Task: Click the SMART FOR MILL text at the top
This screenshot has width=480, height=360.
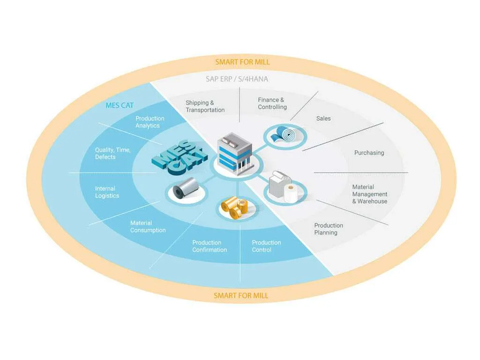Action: [242, 62]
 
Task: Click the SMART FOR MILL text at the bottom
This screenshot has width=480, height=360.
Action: [241, 295]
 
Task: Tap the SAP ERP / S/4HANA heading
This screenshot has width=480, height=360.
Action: [237, 79]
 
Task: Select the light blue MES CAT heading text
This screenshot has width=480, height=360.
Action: [120, 105]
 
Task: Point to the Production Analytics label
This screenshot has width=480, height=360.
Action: [150, 122]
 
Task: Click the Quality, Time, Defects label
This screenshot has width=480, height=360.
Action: [112, 153]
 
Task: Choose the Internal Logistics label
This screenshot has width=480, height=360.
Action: [107, 192]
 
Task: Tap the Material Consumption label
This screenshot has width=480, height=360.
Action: [148, 226]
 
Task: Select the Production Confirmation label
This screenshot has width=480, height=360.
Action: [210, 246]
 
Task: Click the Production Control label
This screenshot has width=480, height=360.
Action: [266, 246]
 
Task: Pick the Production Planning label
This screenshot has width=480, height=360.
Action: [329, 229]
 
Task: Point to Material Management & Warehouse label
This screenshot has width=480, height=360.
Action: [370, 194]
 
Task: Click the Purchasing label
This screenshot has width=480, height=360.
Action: [369, 153]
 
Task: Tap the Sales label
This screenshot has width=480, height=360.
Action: [323, 119]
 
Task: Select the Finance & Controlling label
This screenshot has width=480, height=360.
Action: [272, 104]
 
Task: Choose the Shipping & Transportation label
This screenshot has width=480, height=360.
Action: [205, 106]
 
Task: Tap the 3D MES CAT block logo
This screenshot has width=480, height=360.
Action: [180, 157]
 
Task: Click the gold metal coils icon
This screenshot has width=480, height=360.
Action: [234, 206]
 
